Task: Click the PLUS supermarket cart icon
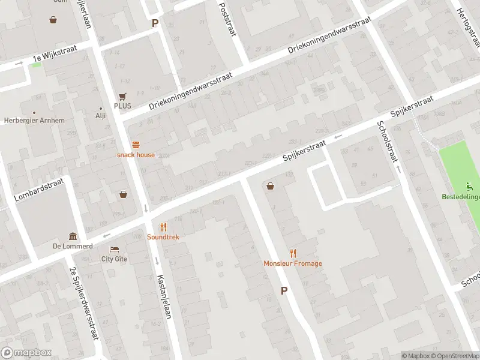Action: click(123, 96)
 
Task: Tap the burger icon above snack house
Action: click(136, 145)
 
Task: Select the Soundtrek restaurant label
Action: click(163, 237)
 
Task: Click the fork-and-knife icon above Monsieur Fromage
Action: click(293, 253)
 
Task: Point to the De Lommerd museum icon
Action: click(73, 236)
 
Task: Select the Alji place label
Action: click(100, 116)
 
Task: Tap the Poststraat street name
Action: click(228, 17)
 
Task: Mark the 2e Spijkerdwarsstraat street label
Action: click(84, 303)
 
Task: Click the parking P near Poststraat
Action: click(155, 23)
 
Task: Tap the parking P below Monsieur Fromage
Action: click(284, 290)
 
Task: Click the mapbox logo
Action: click(26, 353)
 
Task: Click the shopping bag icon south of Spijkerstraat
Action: click(271, 185)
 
